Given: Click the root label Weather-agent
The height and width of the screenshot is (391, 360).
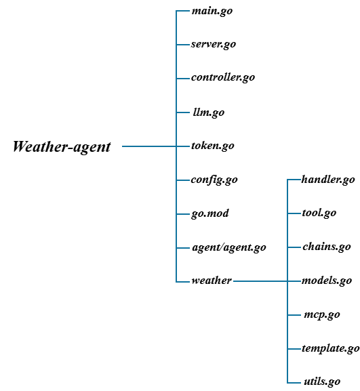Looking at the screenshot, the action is pyautogui.click(x=62, y=146).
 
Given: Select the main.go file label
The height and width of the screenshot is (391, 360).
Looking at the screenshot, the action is pyautogui.click(x=212, y=11).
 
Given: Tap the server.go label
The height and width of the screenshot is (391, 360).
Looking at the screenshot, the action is pyautogui.click(x=214, y=45).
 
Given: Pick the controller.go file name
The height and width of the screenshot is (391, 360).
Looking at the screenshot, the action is pyautogui.click(x=223, y=77).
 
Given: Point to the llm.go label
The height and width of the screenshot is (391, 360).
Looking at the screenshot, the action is pyautogui.click(x=209, y=112).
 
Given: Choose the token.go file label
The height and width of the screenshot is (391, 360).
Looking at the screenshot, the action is pyautogui.click(x=213, y=146).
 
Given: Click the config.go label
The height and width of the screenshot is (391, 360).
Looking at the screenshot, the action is pyautogui.click(x=214, y=180).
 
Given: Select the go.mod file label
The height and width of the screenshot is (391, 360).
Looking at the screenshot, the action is pyautogui.click(x=209, y=214).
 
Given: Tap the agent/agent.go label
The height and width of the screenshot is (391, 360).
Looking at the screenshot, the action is pyautogui.click(x=229, y=247).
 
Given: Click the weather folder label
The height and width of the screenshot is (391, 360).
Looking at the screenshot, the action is pyautogui.click(x=212, y=281).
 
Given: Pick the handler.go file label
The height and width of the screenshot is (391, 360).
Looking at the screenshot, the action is pyautogui.click(x=328, y=180).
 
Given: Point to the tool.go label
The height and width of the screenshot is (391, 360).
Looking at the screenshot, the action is pyautogui.click(x=319, y=213).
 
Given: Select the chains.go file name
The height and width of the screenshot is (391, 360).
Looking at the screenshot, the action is pyautogui.click(x=327, y=247).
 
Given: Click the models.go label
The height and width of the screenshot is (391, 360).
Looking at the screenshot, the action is pyautogui.click(x=327, y=281).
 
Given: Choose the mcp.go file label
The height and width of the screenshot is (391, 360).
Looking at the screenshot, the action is pyautogui.click(x=322, y=315).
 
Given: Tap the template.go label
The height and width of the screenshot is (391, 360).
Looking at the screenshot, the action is pyautogui.click(x=331, y=348).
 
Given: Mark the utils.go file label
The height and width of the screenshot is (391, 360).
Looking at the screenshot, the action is pyautogui.click(x=322, y=382).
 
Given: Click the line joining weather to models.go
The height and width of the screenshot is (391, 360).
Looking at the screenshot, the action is pyautogui.click(x=267, y=281).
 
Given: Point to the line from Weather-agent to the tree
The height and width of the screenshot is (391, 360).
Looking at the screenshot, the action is pyautogui.click(x=149, y=146).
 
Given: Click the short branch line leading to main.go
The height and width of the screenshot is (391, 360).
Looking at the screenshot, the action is pyautogui.click(x=183, y=11).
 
